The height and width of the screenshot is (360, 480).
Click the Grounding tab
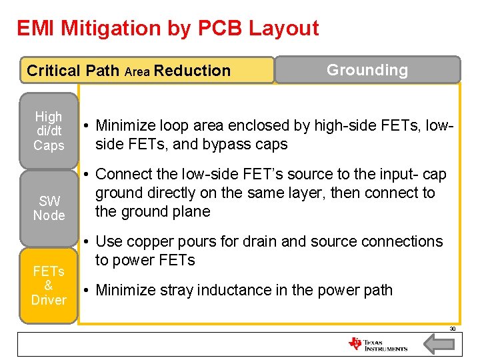point(367,70)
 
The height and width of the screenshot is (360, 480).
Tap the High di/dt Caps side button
point(49,131)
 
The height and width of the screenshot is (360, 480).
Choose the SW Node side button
point(49,209)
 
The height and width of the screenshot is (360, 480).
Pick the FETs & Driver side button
point(49,285)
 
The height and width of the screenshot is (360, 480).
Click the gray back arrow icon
point(439,343)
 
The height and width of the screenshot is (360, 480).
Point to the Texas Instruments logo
point(377,344)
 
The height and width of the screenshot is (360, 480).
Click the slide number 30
point(452,329)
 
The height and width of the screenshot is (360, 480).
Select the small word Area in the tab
point(137,71)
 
